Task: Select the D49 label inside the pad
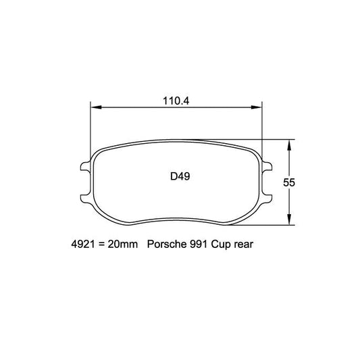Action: point(179,177)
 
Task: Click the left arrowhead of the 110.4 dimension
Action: point(95,107)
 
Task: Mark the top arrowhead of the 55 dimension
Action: point(290,144)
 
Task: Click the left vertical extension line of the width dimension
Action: point(91,125)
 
